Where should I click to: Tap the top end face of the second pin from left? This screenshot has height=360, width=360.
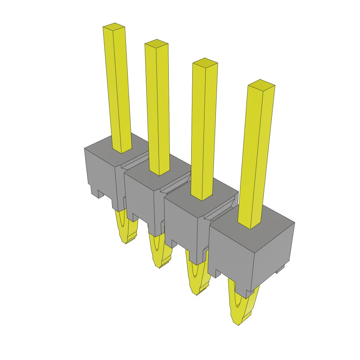[156, 43]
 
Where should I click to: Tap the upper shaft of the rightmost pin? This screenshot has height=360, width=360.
[255, 155]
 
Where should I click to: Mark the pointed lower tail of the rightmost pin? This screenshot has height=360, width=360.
[239, 306]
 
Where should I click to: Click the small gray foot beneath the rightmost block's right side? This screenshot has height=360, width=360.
[280, 269]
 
